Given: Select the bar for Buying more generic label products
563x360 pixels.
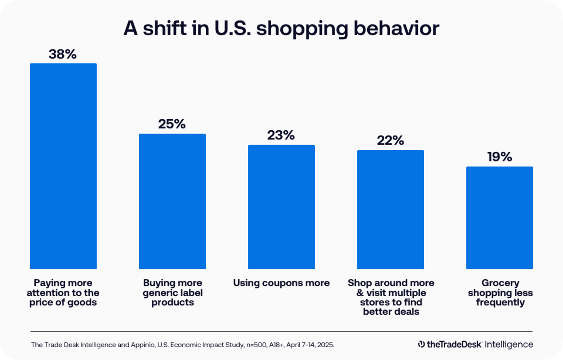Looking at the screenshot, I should click(x=172, y=201).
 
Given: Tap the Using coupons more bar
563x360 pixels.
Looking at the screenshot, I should click(x=281, y=207).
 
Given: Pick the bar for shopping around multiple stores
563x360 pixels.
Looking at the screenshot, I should click(x=390, y=209).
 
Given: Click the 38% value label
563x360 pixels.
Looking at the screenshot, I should click(x=63, y=54).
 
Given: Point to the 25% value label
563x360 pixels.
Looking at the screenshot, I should click(x=172, y=124).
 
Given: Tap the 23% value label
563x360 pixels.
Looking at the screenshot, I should click(x=281, y=135).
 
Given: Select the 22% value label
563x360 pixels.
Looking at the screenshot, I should click(x=390, y=140).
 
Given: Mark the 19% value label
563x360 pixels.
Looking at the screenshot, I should click(x=500, y=157).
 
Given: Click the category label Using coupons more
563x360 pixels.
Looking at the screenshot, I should click(x=281, y=283).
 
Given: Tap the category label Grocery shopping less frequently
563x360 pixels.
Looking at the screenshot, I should click(x=500, y=292).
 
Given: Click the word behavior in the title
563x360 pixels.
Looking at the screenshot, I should click(x=396, y=28).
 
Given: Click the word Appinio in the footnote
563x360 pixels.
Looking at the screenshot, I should click(x=143, y=345).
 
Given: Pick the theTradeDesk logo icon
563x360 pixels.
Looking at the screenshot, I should click(x=421, y=344).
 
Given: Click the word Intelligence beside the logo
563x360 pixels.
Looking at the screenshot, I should click(x=509, y=344).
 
